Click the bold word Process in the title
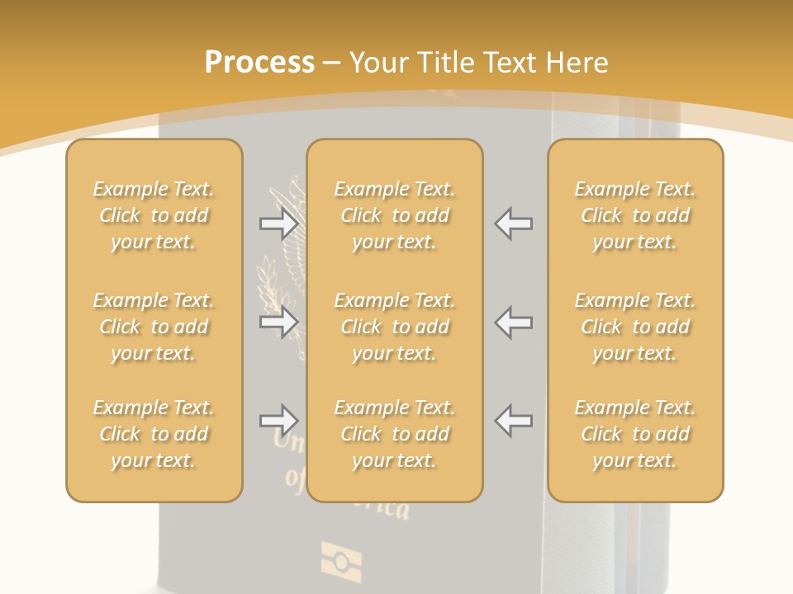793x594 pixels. click(259, 63)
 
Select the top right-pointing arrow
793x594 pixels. click(278, 223)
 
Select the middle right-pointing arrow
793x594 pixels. click(278, 322)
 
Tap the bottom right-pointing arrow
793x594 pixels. click(278, 421)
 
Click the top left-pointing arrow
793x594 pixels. click(513, 223)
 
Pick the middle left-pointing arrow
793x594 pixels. click(513, 322)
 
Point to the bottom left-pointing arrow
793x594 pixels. click(513, 421)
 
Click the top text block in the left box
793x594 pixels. click(154, 215)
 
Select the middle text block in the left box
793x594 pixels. click(154, 327)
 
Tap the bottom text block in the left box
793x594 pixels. click(154, 434)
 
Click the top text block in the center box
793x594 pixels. click(394, 215)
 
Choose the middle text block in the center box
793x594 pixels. click(394, 327)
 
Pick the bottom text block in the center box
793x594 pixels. click(394, 434)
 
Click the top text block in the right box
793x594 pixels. click(635, 215)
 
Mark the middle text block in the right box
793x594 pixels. click(635, 327)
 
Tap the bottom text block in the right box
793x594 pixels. click(635, 434)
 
